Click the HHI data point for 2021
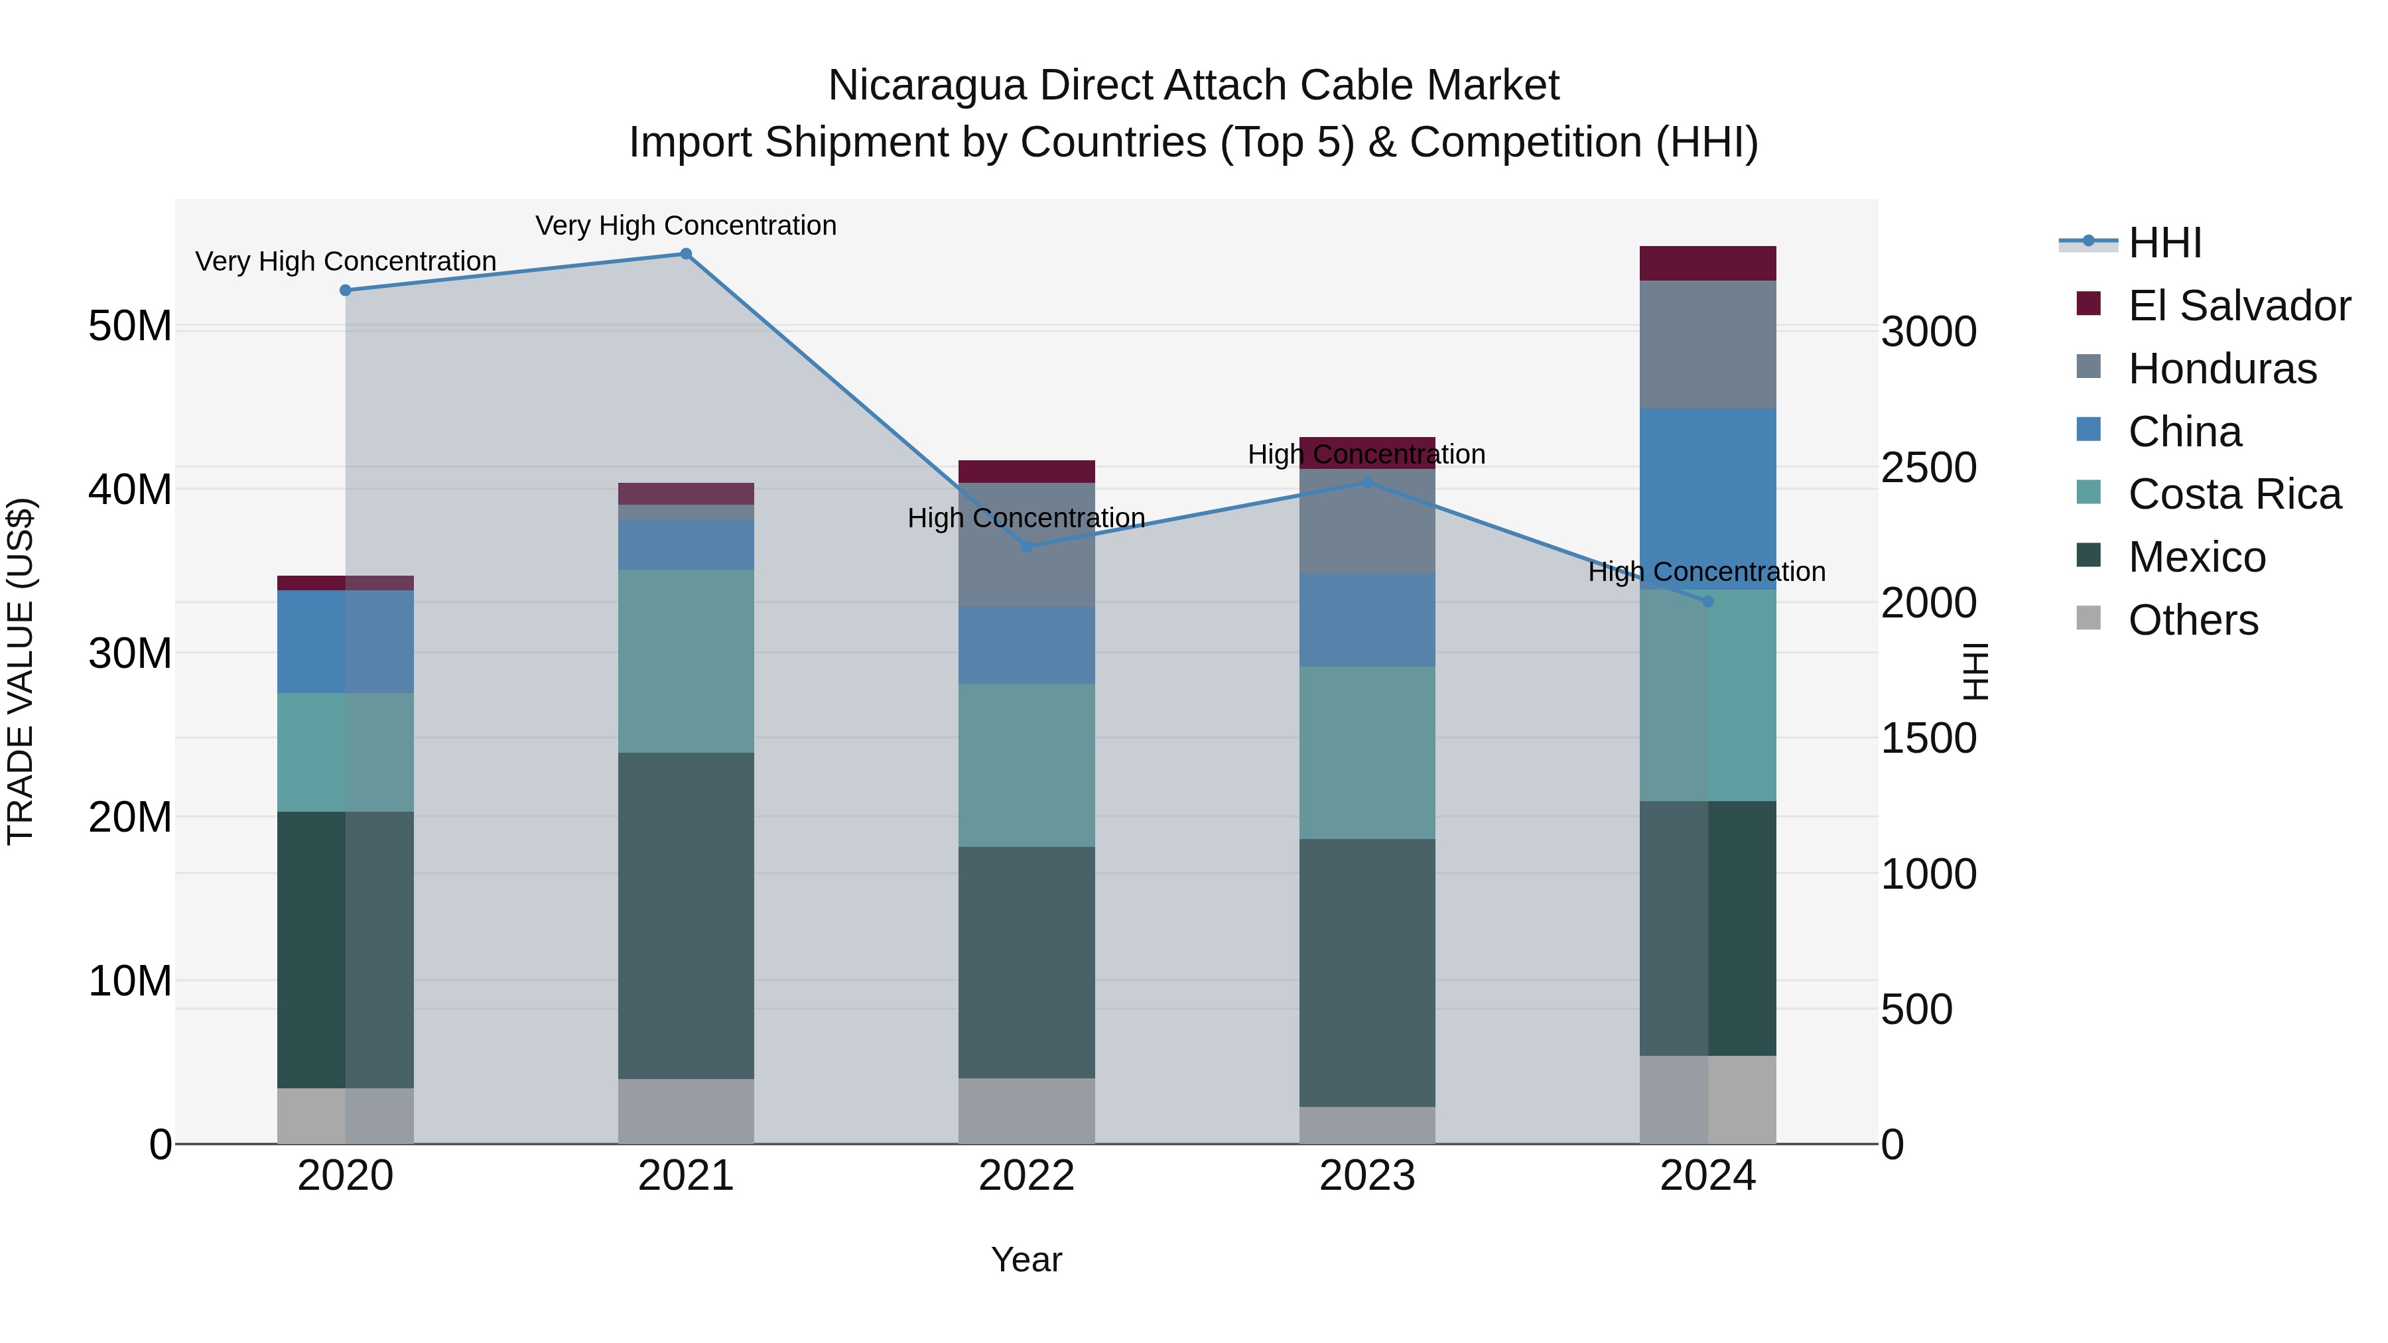(686, 254)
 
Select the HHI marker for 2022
(1026, 547)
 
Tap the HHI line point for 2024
(1707, 602)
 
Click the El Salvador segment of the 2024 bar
(1707, 263)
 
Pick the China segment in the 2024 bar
(1707, 499)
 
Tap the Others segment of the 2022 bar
(1026, 1110)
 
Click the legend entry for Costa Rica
(2233, 494)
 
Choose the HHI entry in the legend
(2164, 243)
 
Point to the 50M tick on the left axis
(130, 326)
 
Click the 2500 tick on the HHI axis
(1928, 467)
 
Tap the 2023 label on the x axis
(1366, 1176)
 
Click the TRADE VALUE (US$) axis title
(21, 671)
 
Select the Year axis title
(1026, 1259)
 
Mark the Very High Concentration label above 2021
(686, 225)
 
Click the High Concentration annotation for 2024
(1707, 572)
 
